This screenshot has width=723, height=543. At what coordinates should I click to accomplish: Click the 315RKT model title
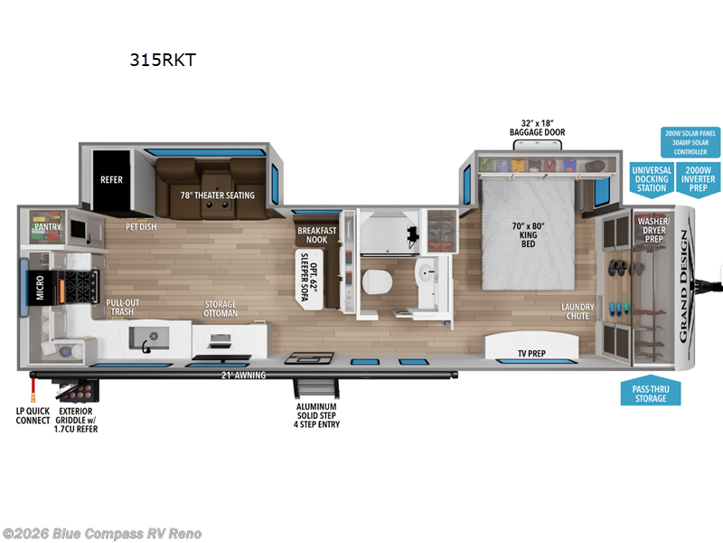click(x=163, y=62)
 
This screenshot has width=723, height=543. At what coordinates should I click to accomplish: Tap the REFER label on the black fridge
click(x=111, y=180)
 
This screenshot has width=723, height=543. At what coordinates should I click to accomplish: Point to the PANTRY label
click(x=47, y=227)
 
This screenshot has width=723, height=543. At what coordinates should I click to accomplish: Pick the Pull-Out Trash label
click(x=121, y=308)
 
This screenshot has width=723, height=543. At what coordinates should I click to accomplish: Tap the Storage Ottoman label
click(x=221, y=309)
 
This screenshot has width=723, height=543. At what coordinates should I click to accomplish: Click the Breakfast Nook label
click(x=316, y=235)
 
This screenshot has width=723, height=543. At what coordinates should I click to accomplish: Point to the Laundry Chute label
click(x=577, y=310)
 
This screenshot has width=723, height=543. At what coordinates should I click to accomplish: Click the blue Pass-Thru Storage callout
click(x=650, y=393)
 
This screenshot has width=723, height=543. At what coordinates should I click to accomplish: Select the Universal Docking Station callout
click(x=651, y=178)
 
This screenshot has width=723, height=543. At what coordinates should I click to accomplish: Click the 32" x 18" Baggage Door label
click(x=537, y=127)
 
